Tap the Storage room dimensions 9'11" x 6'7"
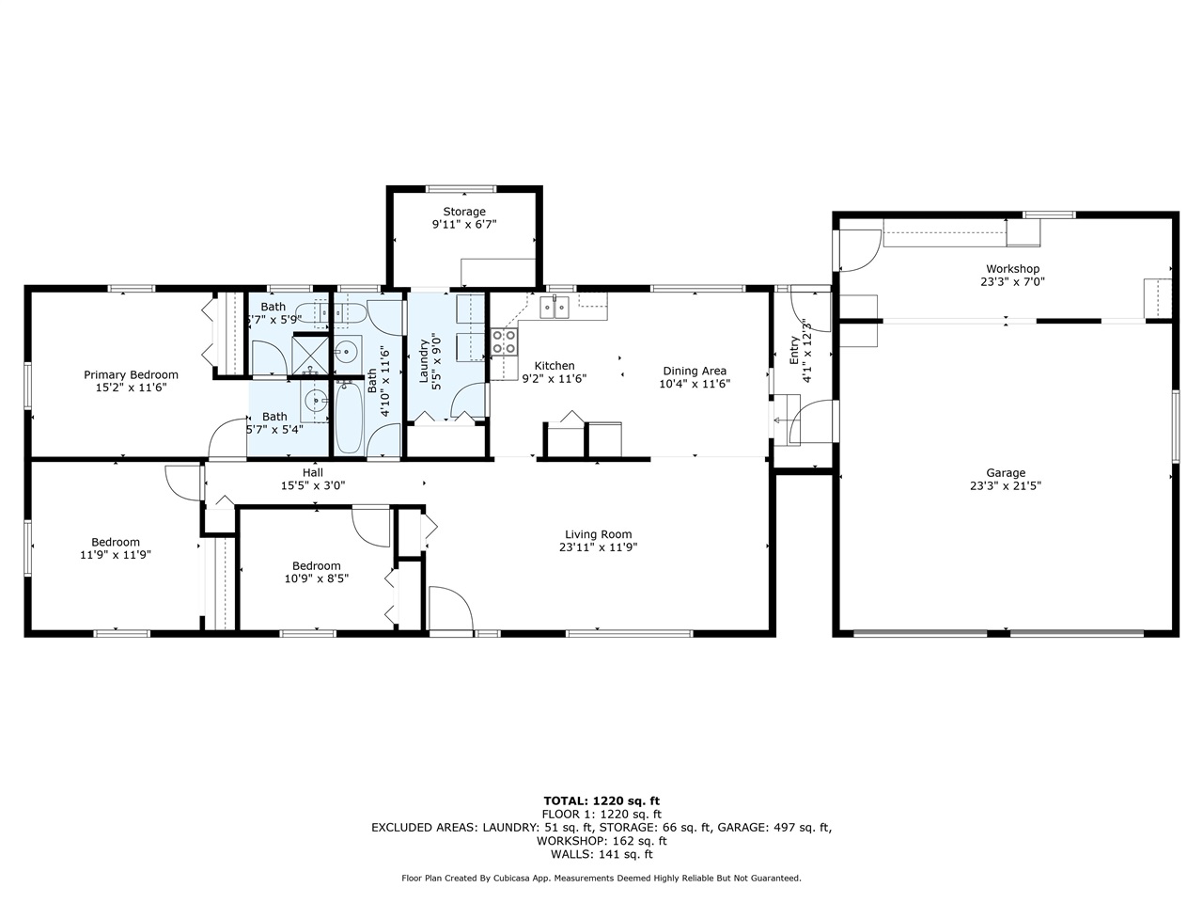(x=463, y=225)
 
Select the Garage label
(x=1006, y=473)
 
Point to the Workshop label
(x=1012, y=269)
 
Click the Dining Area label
(x=695, y=371)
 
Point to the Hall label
(x=313, y=472)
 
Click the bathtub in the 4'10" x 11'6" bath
(x=349, y=416)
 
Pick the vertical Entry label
(x=794, y=350)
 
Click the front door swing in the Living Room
(x=449, y=610)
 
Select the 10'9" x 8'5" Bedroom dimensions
(x=317, y=578)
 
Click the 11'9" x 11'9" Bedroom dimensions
(x=116, y=555)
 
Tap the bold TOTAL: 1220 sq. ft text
(x=601, y=800)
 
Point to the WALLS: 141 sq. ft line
(x=601, y=854)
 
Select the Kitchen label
(x=555, y=366)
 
